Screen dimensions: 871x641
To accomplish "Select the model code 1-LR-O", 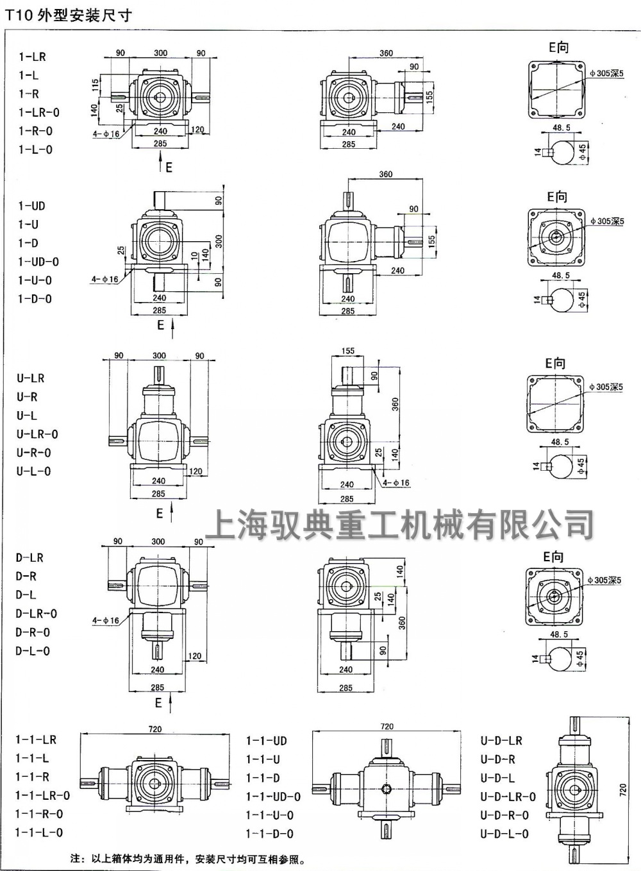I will [x=39, y=112].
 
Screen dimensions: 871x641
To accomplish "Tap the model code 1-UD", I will [x=31, y=206].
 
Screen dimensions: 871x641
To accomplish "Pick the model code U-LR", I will [x=31, y=378].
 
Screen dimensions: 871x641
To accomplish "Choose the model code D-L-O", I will [x=33, y=651].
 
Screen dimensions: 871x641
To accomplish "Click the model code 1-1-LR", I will [x=36, y=740].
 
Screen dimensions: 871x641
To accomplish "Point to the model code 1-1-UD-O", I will [x=273, y=797].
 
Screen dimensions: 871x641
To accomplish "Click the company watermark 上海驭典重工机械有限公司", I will [x=399, y=524].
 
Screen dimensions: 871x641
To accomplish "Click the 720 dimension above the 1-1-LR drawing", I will [x=154, y=729].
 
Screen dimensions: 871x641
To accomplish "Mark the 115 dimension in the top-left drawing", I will [x=95, y=85].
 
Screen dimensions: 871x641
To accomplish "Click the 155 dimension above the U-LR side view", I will [x=347, y=351].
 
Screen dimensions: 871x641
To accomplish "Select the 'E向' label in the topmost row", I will [x=558, y=47].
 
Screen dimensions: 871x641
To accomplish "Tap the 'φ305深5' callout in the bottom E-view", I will [x=604, y=580].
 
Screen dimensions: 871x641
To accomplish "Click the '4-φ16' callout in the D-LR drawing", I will [x=105, y=620].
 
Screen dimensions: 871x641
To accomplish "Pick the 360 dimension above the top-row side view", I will [x=386, y=53].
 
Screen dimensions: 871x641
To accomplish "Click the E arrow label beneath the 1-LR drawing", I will [x=168, y=167].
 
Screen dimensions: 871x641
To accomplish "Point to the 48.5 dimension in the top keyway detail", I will [x=561, y=128].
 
